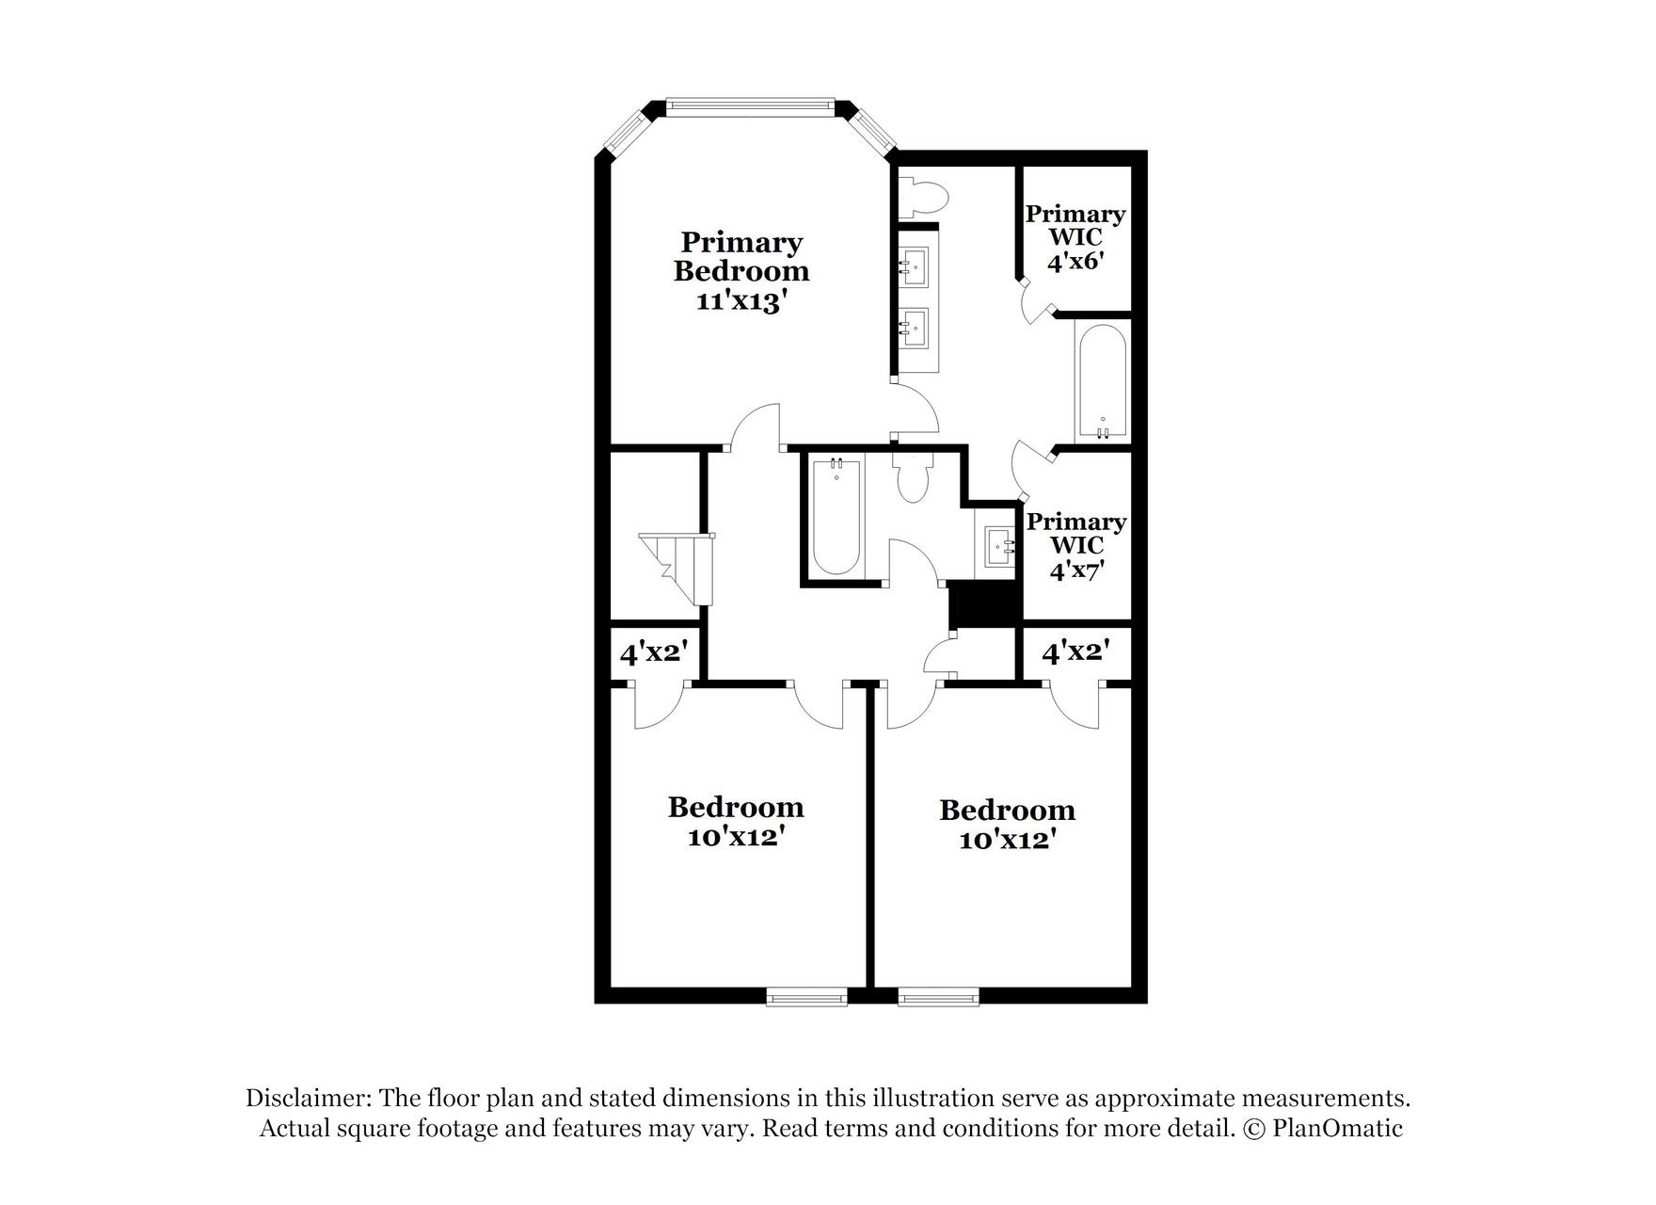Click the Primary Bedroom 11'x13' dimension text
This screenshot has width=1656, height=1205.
point(740,300)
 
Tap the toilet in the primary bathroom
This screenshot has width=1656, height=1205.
point(924,199)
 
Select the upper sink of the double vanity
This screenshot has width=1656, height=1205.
point(912,266)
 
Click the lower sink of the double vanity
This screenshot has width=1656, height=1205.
point(912,327)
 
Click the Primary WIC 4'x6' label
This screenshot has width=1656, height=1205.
point(1075,237)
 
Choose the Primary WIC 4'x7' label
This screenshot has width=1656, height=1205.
point(1076,545)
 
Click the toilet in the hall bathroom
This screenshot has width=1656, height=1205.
point(912,475)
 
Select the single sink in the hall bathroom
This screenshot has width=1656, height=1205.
point(999,546)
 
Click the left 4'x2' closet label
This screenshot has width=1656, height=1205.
point(655,651)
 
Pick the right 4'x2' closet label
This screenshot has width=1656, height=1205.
point(1075,651)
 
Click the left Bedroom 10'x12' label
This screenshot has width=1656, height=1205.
point(736,821)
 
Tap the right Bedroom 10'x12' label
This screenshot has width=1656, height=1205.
point(1007,824)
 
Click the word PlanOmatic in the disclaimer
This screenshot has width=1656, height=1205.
point(1337,1128)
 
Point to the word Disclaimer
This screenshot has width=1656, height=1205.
point(309,1098)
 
